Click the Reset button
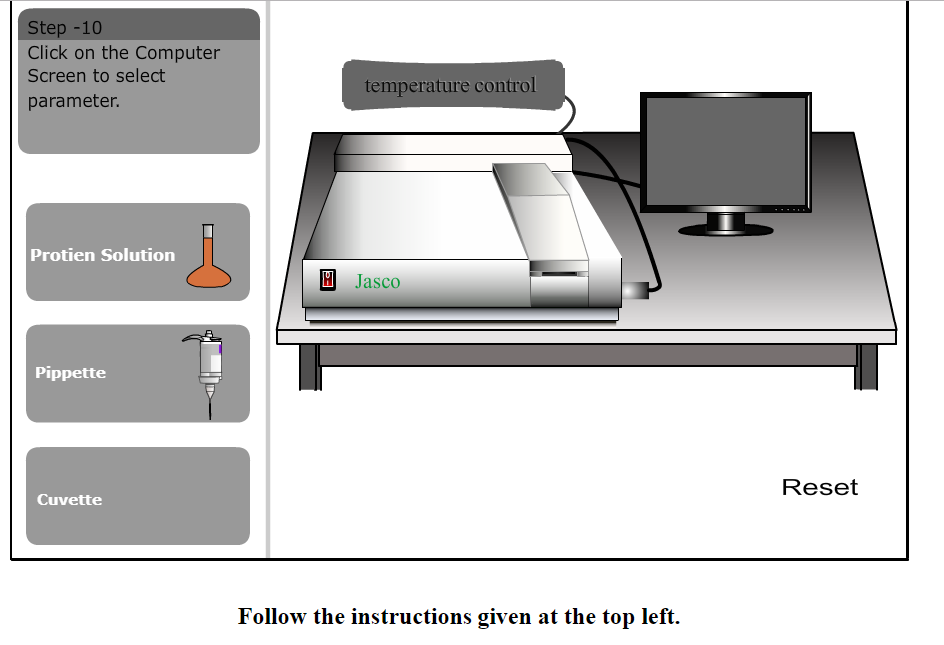[x=819, y=487]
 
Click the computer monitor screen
[x=725, y=152]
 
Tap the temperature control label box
[x=452, y=86]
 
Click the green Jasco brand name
[x=377, y=282]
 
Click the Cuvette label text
[x=69, y=500]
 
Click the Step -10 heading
[x=65, y=28]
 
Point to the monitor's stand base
[x=726, y=229]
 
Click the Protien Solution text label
[x=102, y=255]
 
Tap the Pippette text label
[x=70, y=373]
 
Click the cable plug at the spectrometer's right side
[x=634, y=291]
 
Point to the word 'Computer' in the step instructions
[x=177, y=53]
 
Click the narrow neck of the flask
[x=208, y=240]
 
